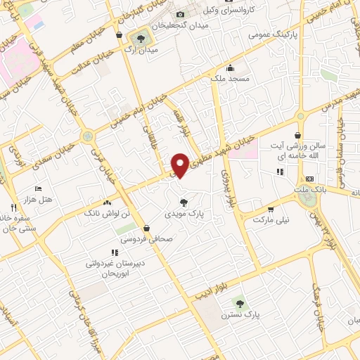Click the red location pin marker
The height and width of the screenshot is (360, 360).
click(x=181, y=165)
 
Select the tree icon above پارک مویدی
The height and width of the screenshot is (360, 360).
click(x=184, y=202)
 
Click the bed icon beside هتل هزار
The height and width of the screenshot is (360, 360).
click(x=38, y=189)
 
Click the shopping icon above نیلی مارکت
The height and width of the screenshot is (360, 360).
click(x=271, y=209)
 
